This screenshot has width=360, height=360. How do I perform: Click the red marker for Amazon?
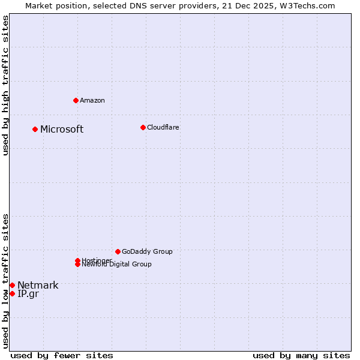pos(76,100)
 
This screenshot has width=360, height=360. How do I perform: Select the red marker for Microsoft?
pos(35,129)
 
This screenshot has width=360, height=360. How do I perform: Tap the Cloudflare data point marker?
pos(143,127)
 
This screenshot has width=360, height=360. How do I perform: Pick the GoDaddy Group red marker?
pos(118,251)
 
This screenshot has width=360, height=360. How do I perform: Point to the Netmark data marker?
pos(12,285)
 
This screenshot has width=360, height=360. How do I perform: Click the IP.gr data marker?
pos(12,293)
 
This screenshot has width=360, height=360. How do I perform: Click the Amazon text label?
pos(92,100)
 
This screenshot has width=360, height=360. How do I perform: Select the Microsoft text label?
pos(62,130)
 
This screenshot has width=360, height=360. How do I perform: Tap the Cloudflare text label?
pos(163,127)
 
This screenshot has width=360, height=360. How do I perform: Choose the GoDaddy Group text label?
pos(147,251)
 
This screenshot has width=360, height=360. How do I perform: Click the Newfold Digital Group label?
pos(117,265)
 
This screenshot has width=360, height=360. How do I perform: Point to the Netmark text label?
pos(38,285)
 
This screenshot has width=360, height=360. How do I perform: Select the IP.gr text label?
pos(28,294)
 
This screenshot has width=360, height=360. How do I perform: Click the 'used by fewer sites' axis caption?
pos(62,355)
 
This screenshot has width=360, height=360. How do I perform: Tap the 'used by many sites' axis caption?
pos(301,355)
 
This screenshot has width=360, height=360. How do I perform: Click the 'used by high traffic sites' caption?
pos(6,85)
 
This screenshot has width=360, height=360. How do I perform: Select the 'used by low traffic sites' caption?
pos(6,281)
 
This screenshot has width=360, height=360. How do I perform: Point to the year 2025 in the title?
pos(265,5)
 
